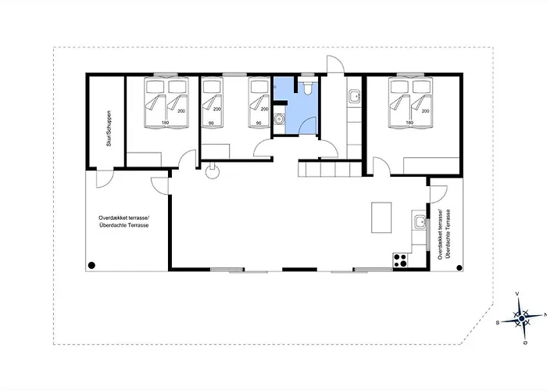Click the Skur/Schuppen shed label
click(x=109, y=128)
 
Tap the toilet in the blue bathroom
click(x=308, y=88)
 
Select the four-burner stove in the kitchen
click(x=400, y=260)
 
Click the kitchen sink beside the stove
click(x=420, y=221)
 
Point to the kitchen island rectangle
click(x=381, y=217)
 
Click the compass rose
click(x=521, y=319)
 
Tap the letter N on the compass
click(x=545, y=314)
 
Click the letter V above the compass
click(x=517, y=294)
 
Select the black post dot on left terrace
click(x=91, y=266)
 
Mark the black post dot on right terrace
click(x=459, y=268)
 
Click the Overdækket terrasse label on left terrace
click(x=123, y=217)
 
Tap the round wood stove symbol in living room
click(x=212, y=172)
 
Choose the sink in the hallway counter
click(x=355, y=95)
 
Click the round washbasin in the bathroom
click(x=279, y=120)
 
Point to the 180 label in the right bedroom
click(x=409, y=123)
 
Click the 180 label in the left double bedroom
click(x=165, y=123)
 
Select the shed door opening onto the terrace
click(x=105, y=179)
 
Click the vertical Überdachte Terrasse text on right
click(x=448, y=234)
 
